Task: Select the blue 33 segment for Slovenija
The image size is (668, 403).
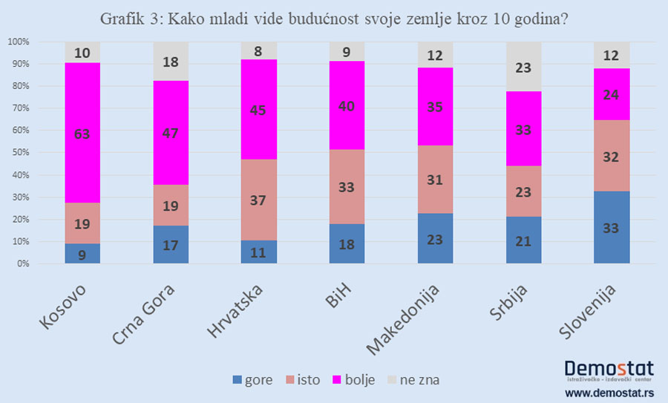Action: coord(612,227)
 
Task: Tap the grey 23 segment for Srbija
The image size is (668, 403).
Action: coord(523,67)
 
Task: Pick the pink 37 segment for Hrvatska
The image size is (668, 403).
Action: coord(258,200)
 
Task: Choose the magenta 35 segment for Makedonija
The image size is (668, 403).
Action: coord(435,106)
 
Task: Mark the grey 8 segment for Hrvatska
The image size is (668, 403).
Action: coord(258,50)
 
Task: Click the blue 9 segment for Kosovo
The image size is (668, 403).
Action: coord(82,253)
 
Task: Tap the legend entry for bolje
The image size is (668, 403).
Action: coord(351,380)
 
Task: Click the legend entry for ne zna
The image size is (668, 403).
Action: coord(412,380)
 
